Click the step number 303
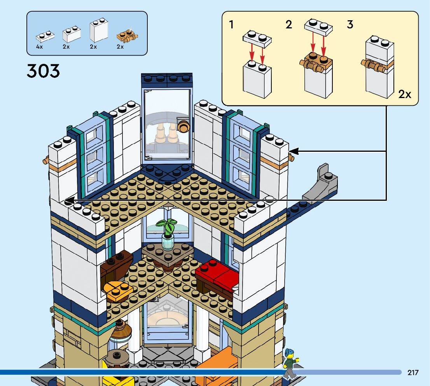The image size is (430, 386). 43,72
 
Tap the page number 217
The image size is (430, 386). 413,373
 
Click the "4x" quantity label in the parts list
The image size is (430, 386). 39,47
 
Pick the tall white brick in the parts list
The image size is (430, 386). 99,31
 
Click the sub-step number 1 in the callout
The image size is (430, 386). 231,25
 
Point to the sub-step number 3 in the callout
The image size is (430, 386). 350,25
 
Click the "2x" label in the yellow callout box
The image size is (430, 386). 405,94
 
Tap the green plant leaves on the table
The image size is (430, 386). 167,226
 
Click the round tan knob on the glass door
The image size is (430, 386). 183,126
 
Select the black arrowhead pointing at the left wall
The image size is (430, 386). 69,200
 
